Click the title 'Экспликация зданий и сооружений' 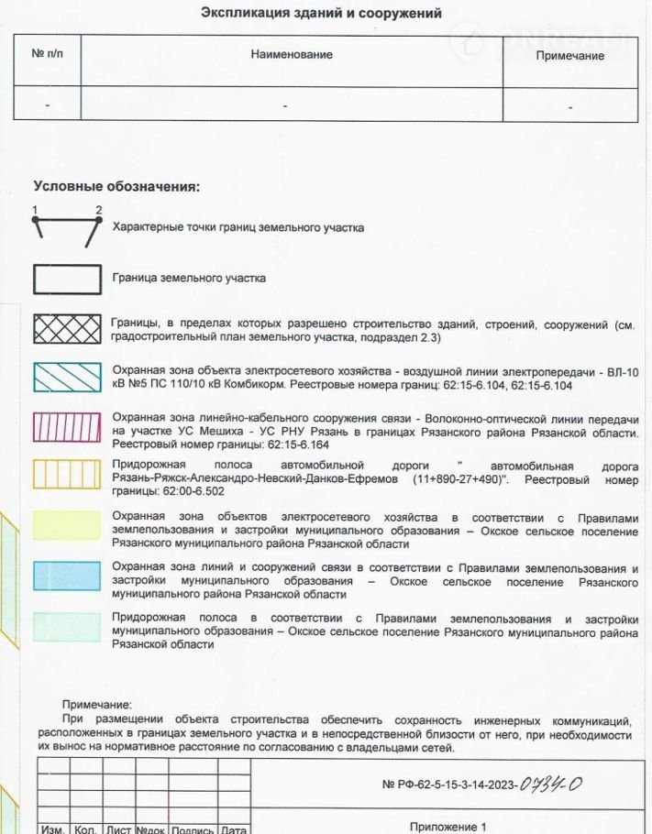pos(321,14)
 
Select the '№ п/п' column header pos(48,54)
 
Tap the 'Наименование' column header pos(292,54)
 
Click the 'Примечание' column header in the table pos(570,55)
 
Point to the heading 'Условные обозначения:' pos(116,186)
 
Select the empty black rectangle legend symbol pos(67,279)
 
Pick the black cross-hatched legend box pos(67,329)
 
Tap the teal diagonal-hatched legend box pos(67,378)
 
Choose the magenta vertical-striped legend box pos(67,427)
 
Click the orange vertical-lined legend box pos(67,474)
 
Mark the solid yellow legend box pos(67,525)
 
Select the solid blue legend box pos(67,576)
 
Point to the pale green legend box pos(67,626)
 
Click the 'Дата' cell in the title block pos(234,829)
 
